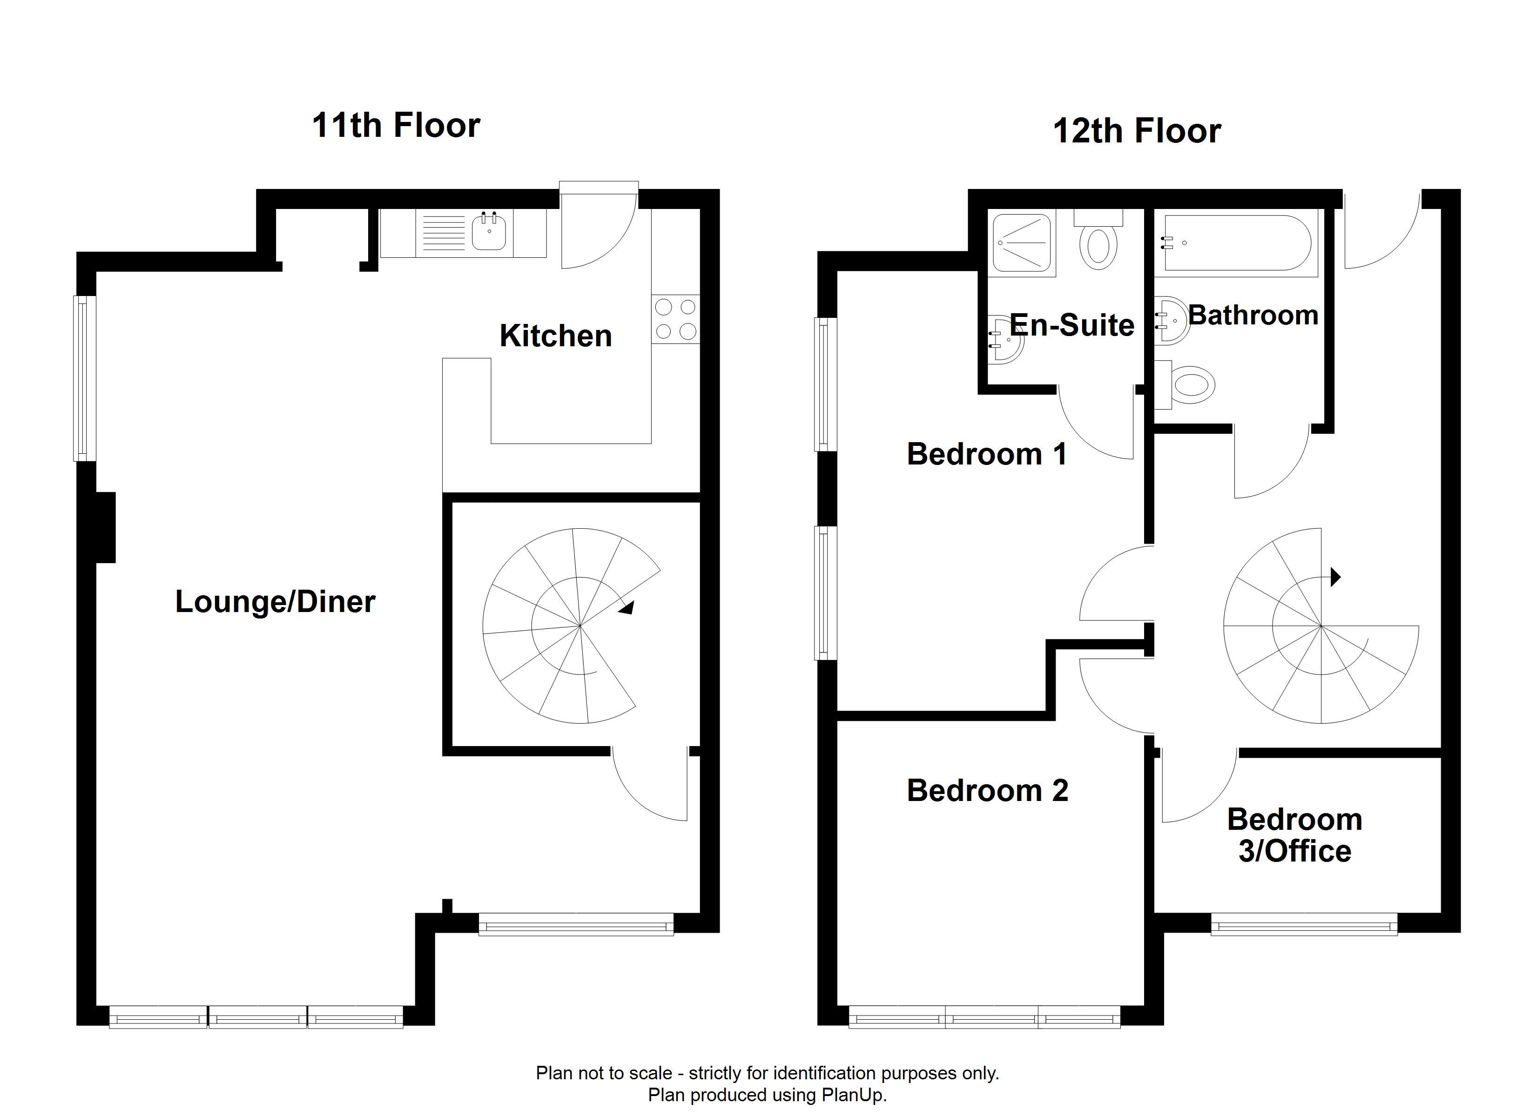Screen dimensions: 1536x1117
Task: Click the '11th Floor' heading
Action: click(x=396, y=125)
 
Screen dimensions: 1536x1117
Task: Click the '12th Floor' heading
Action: click(x=1137, y=131)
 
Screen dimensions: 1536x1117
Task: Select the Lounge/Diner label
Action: click(x=275, y=601)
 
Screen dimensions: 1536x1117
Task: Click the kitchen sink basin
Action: click(x=489, y=231)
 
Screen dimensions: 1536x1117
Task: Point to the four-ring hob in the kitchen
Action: click(x=676, y=319)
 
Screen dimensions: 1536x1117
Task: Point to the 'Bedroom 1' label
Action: click(x=987, y=454)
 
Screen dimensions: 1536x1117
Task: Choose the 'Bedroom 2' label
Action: click(x=987, y=790)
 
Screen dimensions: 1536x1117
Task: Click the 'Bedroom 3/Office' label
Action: click(x=1295, y=835)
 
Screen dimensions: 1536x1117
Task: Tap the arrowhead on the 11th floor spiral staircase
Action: click(x=627, y=608)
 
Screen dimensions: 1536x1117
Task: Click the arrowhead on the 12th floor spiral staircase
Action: click(x=1335, y=577)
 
